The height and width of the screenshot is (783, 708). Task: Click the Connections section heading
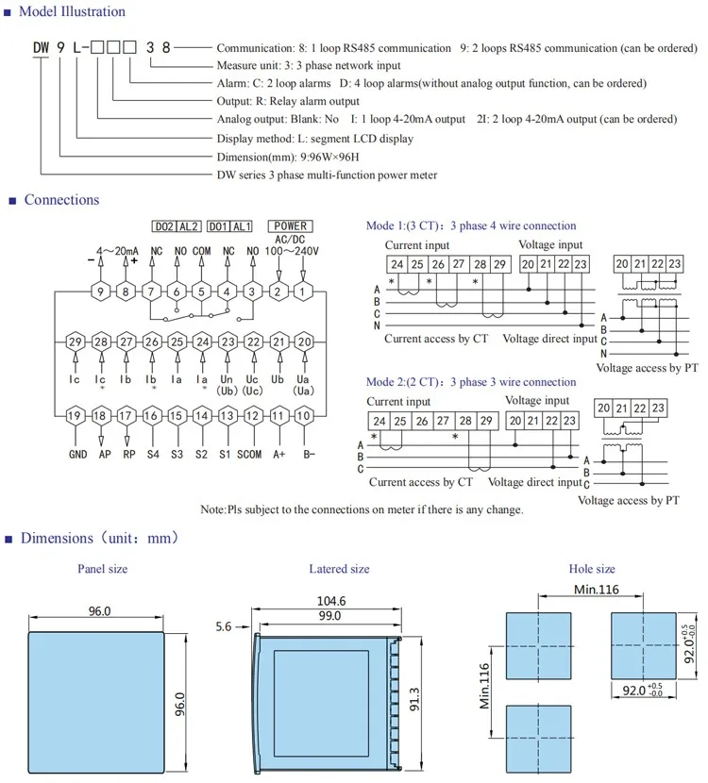click(61, 200)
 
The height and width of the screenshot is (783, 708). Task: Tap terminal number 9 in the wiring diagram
click(102, 292)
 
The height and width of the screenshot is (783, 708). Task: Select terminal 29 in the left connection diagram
click(76, 342)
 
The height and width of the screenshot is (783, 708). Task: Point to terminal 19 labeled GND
click(76, 415)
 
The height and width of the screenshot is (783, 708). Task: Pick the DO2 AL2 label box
click(177, 226)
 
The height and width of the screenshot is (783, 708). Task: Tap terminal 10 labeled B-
click(305, 415)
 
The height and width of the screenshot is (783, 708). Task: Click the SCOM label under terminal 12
click(250, 454)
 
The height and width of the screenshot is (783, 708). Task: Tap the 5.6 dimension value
click(223, 625)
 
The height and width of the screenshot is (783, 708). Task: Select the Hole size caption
click(592, 569)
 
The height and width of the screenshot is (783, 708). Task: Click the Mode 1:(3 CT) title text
click(470, 226)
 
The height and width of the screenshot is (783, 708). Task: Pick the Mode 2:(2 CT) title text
click(470, 382)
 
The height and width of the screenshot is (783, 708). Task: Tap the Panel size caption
click(102, 569)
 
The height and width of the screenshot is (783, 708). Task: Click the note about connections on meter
click(362, 509)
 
